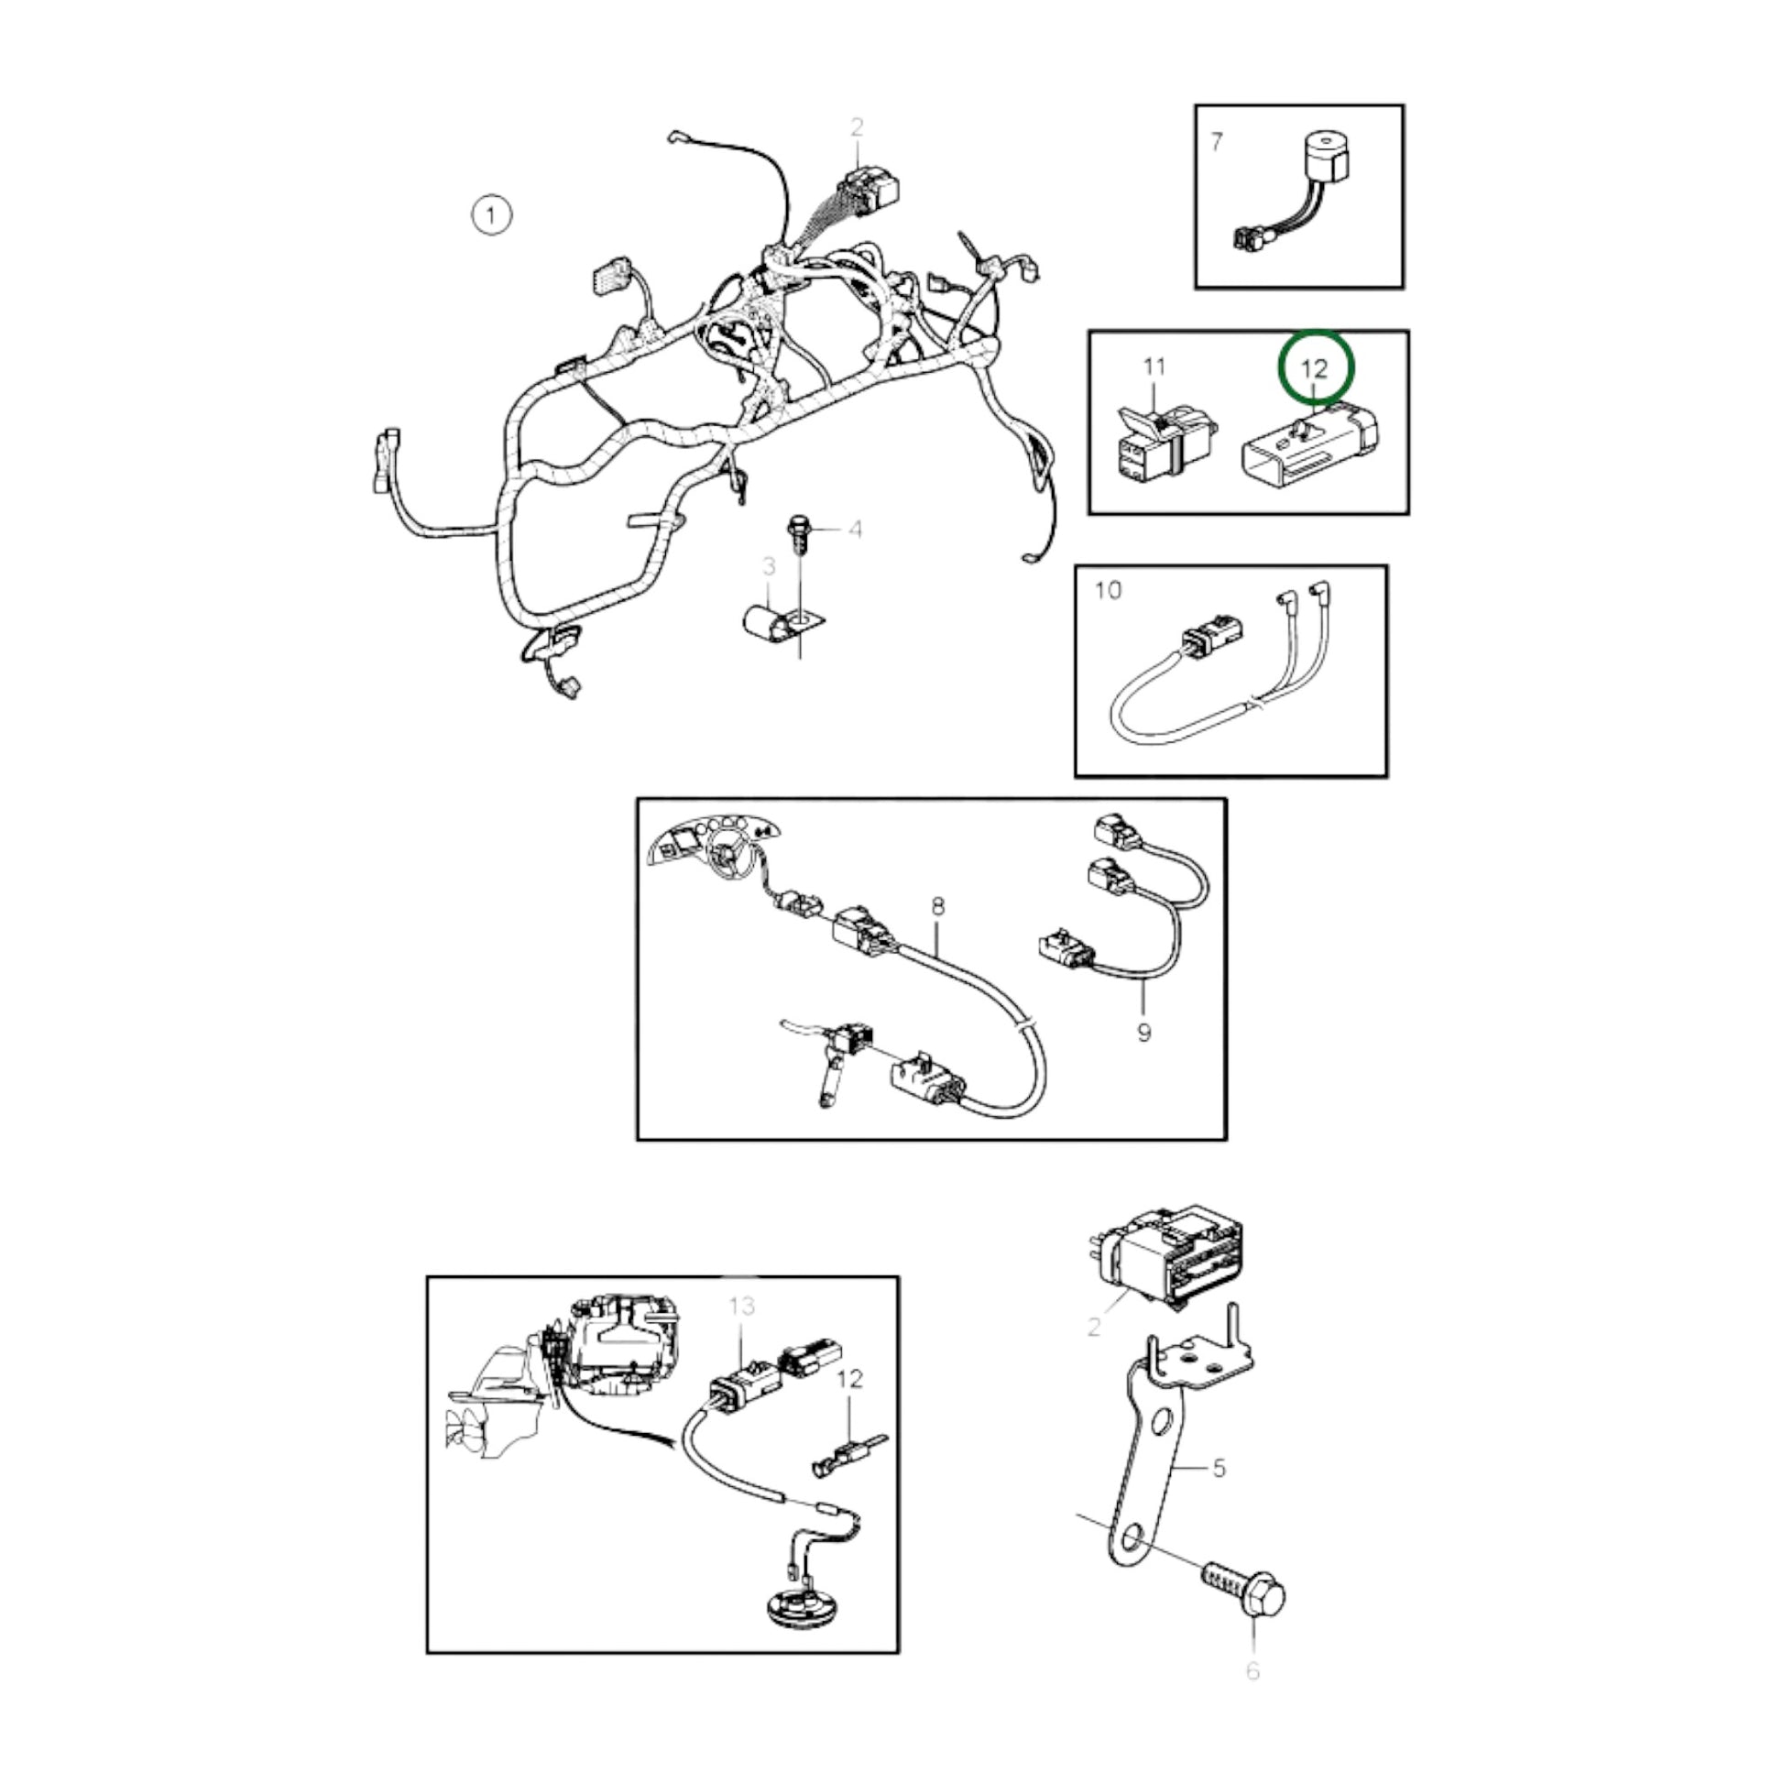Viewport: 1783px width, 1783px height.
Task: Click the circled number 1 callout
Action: (491, 215)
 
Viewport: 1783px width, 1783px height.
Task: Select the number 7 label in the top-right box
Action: (1217, 141)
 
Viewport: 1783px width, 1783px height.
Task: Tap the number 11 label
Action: (1154, 367)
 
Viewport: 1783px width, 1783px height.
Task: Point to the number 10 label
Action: (1109, 590)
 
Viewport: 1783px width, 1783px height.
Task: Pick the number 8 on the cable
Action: (938, 905)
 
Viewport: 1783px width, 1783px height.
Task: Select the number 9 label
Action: (1144, 1032)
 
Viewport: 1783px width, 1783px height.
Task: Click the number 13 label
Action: (742, 1306)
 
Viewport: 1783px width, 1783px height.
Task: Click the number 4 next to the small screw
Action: (856, 529)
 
